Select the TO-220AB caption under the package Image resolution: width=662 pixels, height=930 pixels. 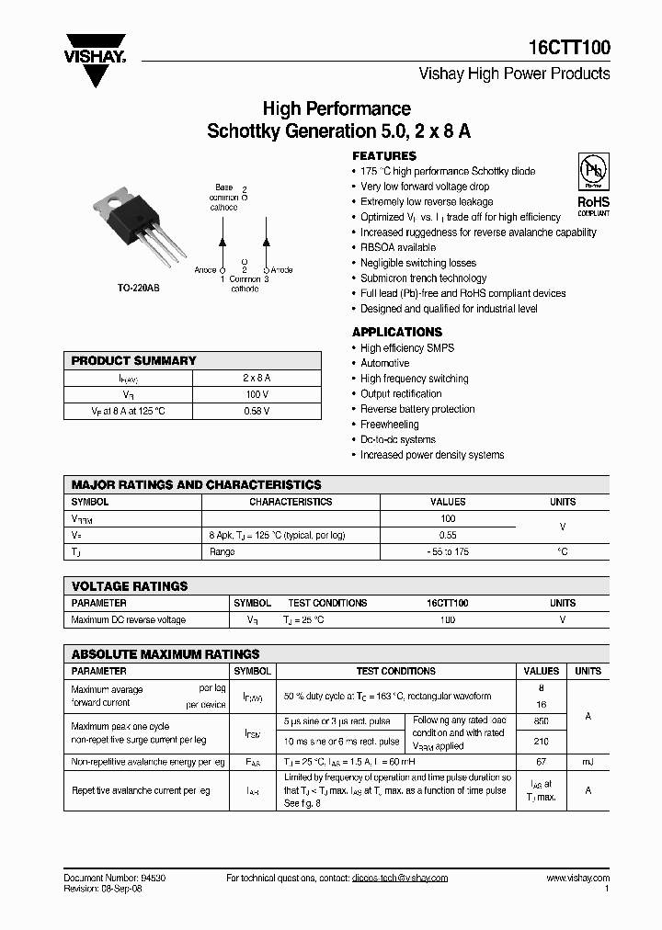coord(138,288)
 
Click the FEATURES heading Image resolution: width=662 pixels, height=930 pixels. coord(384,155)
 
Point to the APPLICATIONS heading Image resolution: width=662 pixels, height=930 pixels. coord(397,332)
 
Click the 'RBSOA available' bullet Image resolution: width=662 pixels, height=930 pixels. coord(398,247)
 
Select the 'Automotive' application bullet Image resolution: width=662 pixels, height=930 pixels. coord(384,363)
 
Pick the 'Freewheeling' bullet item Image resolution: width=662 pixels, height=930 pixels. coord(389,425)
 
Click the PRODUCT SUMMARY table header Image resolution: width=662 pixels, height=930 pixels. coord(134,361)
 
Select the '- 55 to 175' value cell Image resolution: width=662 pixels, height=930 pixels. coord(448,551)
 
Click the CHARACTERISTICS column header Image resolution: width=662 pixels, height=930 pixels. coord(291,502)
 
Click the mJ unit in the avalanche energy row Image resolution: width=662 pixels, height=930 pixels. coord(588,762)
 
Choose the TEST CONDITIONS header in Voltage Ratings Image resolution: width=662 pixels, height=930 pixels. coord(327,603)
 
